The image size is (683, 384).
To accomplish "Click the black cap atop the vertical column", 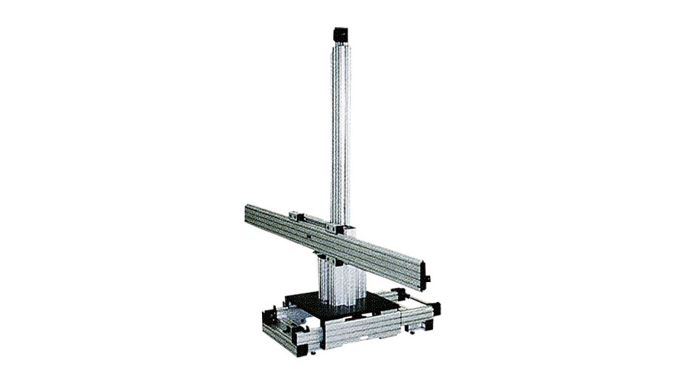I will [341, 35].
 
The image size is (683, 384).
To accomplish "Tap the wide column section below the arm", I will [342, 283].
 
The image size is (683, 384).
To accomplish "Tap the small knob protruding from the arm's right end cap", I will [428, 278].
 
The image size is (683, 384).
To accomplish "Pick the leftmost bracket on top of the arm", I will [296, 216].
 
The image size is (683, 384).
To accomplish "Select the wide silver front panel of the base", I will [363, 331].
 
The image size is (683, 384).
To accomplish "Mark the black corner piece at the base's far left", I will [267, 317].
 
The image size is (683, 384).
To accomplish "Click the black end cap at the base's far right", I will [436, 309].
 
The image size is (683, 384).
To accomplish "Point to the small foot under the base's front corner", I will [313, 353].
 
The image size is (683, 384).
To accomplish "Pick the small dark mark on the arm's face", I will [308, 236].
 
